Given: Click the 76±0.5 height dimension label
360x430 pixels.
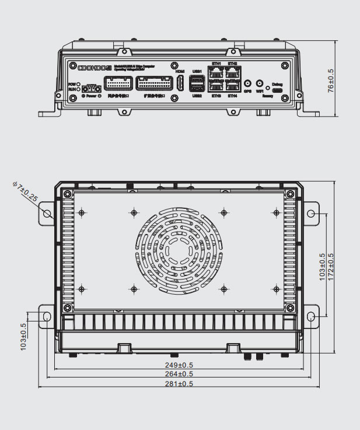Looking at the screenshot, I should click(331, 81).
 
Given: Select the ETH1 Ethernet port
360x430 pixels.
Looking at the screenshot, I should click(216, 73).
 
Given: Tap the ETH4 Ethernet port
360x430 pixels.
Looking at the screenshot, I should click(232, 87).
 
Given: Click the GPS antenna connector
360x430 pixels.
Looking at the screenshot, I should click(247, 84).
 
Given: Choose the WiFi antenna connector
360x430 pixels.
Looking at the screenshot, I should click(259, 84).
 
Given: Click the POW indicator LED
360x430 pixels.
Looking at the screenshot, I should click(78, 84).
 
